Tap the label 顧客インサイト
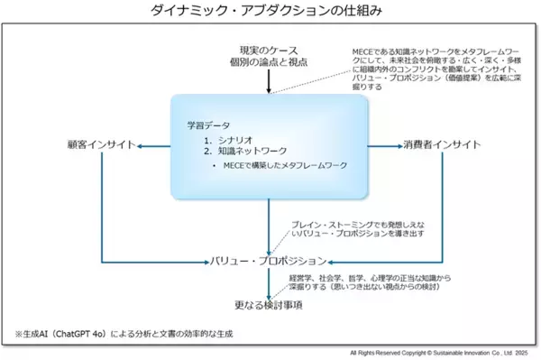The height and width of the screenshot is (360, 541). [x=100, y=144]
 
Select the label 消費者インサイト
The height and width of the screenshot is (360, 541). [x=441, y=144]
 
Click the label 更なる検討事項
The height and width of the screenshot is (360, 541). [x=268, y=304]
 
